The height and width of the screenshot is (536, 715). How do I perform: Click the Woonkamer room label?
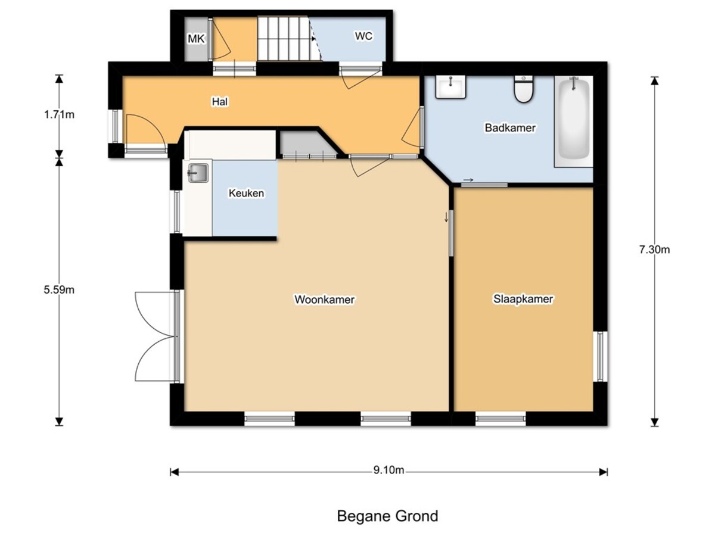[324, 300]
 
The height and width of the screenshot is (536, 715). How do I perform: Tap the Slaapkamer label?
[523, 299]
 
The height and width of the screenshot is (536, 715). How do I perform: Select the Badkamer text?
[510, 127]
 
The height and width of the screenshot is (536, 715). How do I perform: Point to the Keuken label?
[246, 193]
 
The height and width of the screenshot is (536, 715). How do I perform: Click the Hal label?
[220, 101]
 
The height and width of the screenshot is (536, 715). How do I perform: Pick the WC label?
[363, 36]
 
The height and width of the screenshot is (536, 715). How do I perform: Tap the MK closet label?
[196, 39]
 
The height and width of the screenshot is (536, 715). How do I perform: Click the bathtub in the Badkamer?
[573, 121]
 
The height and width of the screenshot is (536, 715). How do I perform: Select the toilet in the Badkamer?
[524, 89]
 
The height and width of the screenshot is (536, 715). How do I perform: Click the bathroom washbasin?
[450, 86]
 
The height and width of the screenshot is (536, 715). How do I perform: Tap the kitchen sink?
[198, 173]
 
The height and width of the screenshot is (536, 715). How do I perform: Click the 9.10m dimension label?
[388, 470]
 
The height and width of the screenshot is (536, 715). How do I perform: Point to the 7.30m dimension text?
[654, 250]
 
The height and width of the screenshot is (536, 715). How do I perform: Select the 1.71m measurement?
[59, 114]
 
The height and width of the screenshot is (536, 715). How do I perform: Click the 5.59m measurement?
[59, 289]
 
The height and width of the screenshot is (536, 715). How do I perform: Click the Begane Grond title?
[388, 516]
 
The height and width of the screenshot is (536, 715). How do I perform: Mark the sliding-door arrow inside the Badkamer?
[468, 180]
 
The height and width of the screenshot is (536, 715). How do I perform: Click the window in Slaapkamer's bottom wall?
[500, 419]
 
